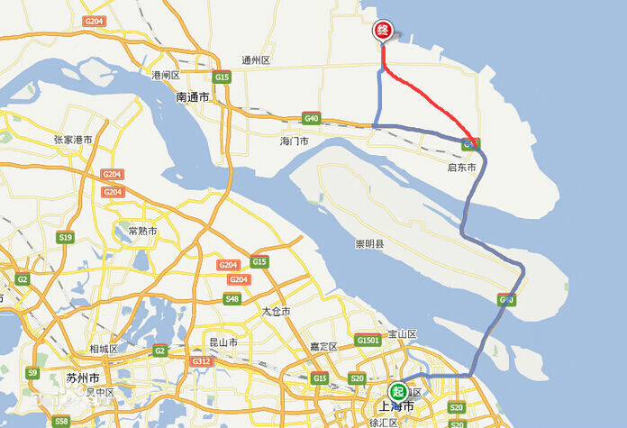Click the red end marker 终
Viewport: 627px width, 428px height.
click(x=382, y=32)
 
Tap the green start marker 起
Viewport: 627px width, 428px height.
click(x=397, y=391)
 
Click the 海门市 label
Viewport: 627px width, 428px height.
click(x=294, y=142)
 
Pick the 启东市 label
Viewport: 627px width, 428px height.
click(x=460, y=168)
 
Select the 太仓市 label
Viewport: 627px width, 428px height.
click(x=277, y=311)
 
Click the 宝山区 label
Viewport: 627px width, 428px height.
click(x=403, y=334)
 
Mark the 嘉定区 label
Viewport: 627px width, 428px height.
click(x=322, y=347)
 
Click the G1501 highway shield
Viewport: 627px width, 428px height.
click(x=368, y=340)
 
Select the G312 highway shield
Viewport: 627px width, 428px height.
click(x=200, y=360)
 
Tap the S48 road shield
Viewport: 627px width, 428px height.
click(x=232, y=299)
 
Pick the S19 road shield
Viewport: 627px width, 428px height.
click(x=65, y=238)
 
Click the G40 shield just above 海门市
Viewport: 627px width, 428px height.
click(x=312, y=118)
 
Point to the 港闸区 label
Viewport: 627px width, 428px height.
click(x=167, y=75)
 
